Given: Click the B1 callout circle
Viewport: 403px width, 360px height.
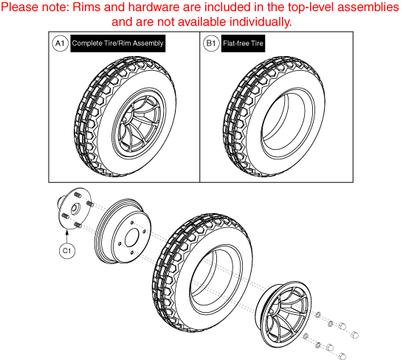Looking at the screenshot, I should [210, 44].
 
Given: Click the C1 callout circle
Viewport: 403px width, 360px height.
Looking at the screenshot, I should [66, 249].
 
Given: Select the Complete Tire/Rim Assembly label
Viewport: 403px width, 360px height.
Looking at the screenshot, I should [117, 44].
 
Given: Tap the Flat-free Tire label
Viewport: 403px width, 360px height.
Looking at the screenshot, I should [244, 44].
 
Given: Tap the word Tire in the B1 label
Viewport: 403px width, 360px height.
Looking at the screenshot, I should [255, 44].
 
